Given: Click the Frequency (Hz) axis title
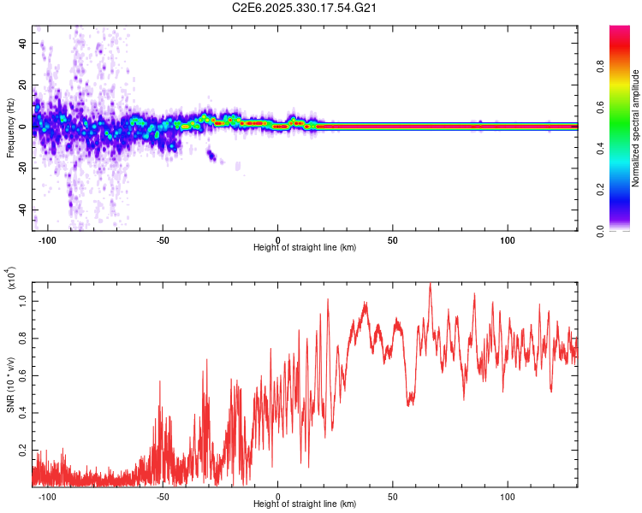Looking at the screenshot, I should tap(10, 128).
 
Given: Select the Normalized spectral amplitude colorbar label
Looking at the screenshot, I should tap(636, 128).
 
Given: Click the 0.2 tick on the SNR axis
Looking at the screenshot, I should tap(23, 449).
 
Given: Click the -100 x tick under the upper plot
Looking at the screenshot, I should tap(47, 239).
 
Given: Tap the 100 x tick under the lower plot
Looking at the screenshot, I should tap(508, 496).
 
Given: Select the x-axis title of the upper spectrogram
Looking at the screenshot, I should tap(305, 248).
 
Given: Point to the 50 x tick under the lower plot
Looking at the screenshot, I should tap(393, 496).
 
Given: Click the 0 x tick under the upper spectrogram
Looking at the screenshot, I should tap(277, 239).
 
